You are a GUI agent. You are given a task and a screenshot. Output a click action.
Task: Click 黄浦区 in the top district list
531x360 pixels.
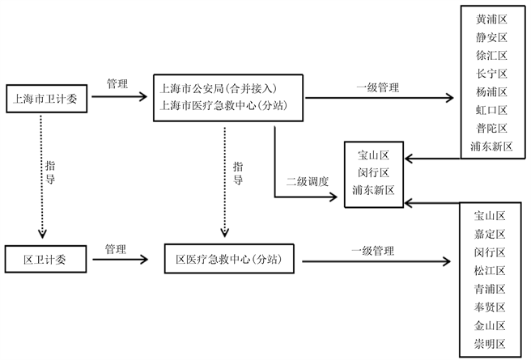pyautogui.click(x=491, y=19)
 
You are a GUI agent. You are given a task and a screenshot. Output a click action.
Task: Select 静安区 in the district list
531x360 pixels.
pyautogui.click(x=491, y=37)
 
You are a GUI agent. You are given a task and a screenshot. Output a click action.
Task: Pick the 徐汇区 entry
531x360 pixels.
pyautogui.click(x=491, y=56)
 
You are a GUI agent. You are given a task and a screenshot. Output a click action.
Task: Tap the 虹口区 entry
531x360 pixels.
pyautogui.click(x=491, y=110)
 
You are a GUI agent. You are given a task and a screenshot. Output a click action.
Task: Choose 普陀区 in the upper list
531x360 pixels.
pyautogui.click(x=491, y=129)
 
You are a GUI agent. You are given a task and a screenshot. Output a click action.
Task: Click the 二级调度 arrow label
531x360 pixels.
pyautogui.click(x=308, y=181)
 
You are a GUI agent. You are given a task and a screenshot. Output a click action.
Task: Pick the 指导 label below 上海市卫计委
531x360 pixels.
pyautogui.click(x=50, y=173)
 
